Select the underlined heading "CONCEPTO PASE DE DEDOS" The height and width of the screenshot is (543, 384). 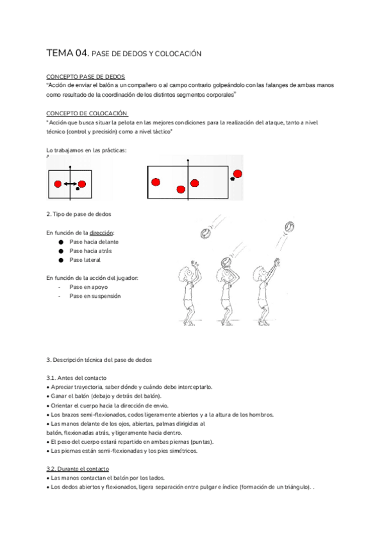pyautogui.click(x=86, y=77)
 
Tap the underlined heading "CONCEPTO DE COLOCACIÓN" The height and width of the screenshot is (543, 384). pyautogui.click(x=87, y=113)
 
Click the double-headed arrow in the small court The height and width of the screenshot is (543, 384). pyautogui.click(x=71, y=184)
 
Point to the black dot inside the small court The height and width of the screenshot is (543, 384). pyautogui.click(x=78, y=189)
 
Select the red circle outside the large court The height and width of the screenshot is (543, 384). pyautogui.click(x=237, y=174)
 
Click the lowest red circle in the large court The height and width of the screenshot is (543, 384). pyautogui.click(x=181, y=190)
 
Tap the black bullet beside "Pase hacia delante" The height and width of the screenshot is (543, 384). pyautogui.click(x=61, y=242)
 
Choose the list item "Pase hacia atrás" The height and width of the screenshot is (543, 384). pyautogui.click(x=90, y=251)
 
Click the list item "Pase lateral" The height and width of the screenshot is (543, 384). pyautogui.click(x=85, y=260)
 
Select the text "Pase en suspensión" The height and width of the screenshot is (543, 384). pyautogui.click(x=95, y=296)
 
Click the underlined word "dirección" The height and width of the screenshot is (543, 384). pyautogui.click(x=101, y=232)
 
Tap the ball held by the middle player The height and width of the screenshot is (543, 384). pyautogui.click(x=226, y=263)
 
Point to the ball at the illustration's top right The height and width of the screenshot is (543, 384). pyautogui.click(x=290, y=227)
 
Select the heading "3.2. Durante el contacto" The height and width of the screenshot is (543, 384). pyautogui.click(x=78, y=469)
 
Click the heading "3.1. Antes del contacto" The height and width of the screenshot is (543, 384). pyautogui.click(x=76, y=378)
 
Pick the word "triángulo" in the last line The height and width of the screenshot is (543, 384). pyautogui.click(x=296, y=487)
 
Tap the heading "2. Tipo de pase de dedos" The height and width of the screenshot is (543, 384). pyautogui.click(x=79, y=214)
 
